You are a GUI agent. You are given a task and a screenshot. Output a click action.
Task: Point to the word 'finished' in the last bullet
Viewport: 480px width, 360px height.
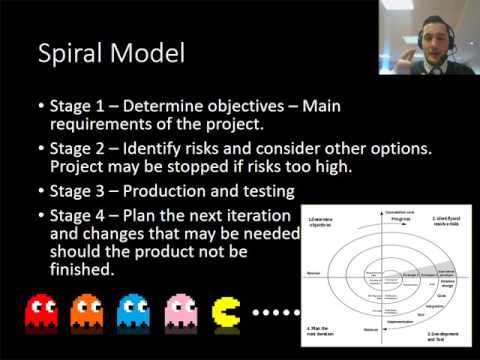(82, 269)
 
